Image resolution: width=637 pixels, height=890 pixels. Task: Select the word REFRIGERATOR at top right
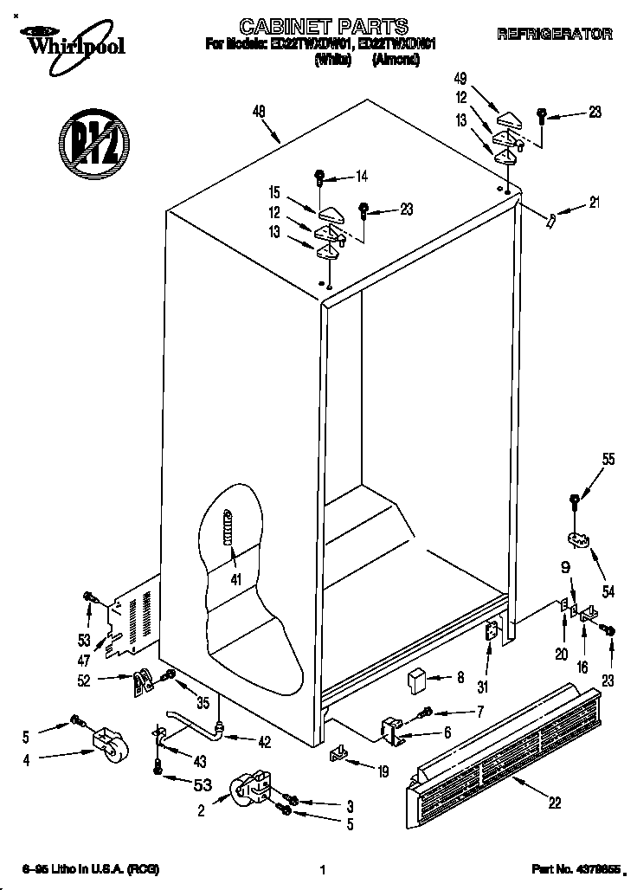pyautogui.click(x=555, y=35)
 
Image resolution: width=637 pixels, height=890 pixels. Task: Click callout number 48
pyautogui.click(x=258, y=111)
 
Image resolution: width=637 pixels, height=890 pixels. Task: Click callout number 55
pyautogui.click(x=608, y=461)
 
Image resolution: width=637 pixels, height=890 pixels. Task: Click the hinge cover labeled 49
pyautogui.click(x=509, y=117)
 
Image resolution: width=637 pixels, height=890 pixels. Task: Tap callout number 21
pyautogui.click(x=593, y=203)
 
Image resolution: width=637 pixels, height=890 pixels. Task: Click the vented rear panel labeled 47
pyautogui.click(x=130, y=619)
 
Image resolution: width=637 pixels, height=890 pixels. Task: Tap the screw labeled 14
pyautogui.click(x=320, y=177)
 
